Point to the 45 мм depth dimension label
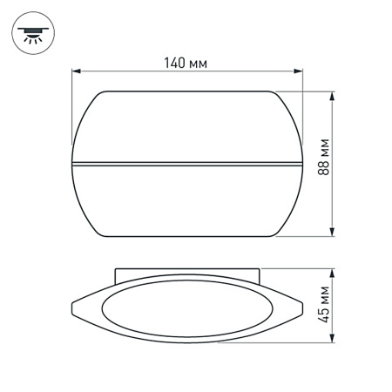tap(325, 305)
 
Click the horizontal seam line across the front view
tap(187, 163)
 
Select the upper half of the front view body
tap(187, 126)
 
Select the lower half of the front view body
tap(187, 200)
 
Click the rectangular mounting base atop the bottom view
tap(187, 275)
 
